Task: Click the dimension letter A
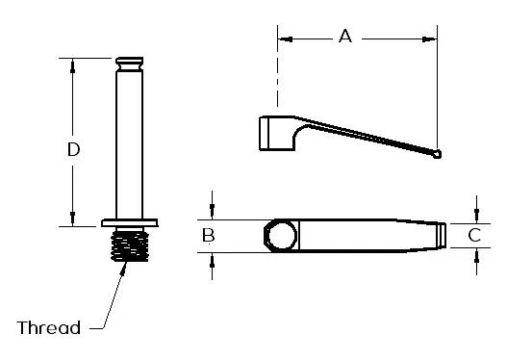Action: pyautogui.click(x=345, y=36)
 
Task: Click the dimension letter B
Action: pyautogui.click(x=208, y=235)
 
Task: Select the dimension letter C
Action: pyautogui.click(x=474, y=235)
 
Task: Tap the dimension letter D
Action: pyautogui.click(x=73, y=149)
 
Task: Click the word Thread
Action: pyautogui.click(x=48, y=327)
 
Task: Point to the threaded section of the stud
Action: pyautogui.click(x=130, y=245)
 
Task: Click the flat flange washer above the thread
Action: pyautogui.click(x=130, y=223)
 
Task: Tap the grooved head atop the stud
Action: pyautogui.click(x=130, y=64)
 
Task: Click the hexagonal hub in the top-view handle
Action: pyautogui.click(x=280, y=236)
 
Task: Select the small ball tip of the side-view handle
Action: pyautogui.click(x=437, y=154)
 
